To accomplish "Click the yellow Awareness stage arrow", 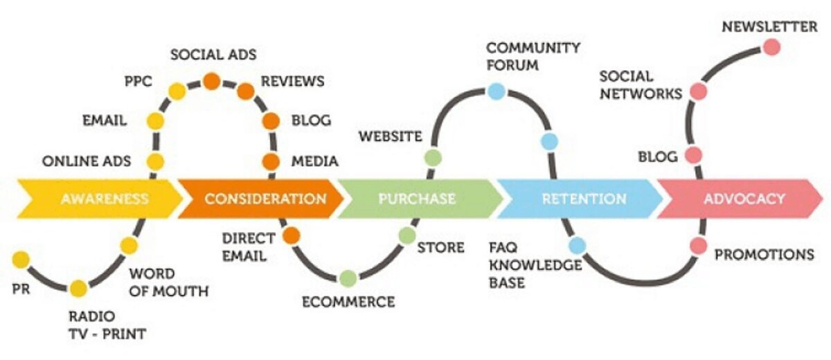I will tap(104, 199).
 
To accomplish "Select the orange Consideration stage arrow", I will tap(265, 199).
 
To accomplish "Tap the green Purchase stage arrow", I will tap(417, 199).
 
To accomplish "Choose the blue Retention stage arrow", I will tap(584, 199).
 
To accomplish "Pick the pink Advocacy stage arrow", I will tap(744, 199).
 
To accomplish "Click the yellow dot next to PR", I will tap(21, 260).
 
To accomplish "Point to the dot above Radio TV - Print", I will tap(78, 288).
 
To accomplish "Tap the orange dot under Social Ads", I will tap(211, 82).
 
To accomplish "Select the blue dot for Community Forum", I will tap(496, 91).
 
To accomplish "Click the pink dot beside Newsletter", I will tap(771, 47).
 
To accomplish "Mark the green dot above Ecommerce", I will tap(348, 278).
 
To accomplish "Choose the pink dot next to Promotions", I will tap(698, 246).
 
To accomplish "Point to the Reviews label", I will tap(292, 81).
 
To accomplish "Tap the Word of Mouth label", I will tap(168, 282).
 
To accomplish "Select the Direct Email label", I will tap(248, 247).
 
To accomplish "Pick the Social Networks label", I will tap(640, 84).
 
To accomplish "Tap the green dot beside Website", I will tap(433, 158).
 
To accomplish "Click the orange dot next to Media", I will tap(271, 162).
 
